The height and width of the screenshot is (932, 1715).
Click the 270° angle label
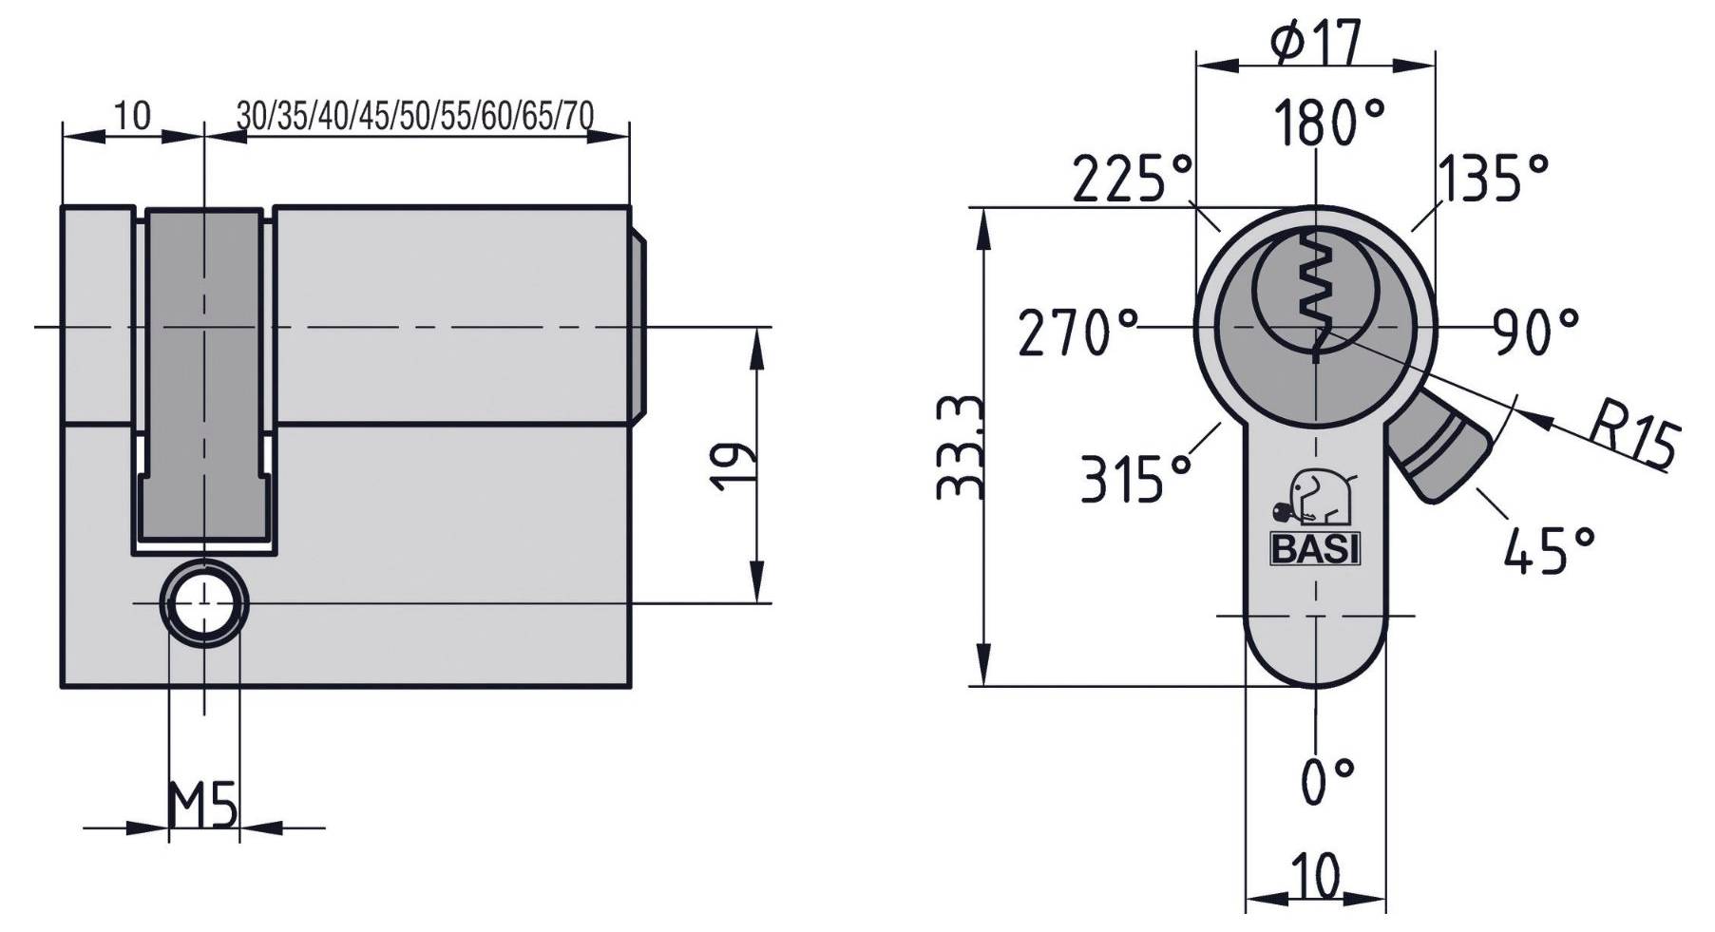coord(1077,333)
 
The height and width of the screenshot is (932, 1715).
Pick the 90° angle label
coord(1534,332)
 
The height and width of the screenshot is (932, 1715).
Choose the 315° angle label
coord(1135,478)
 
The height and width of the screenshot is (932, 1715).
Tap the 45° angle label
coord(1549,549)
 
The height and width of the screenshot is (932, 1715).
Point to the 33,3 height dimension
coord(960,447)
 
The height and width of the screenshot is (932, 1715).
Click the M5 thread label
coord(201,806)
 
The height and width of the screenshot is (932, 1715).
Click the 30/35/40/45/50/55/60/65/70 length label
coord(414,116)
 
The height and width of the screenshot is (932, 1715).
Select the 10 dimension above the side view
coord(132,116)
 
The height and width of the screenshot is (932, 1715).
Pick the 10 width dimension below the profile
coord(1315,874)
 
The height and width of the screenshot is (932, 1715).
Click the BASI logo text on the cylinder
coord(1315,549)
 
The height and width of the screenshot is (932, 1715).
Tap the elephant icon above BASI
coord(1316,498)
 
